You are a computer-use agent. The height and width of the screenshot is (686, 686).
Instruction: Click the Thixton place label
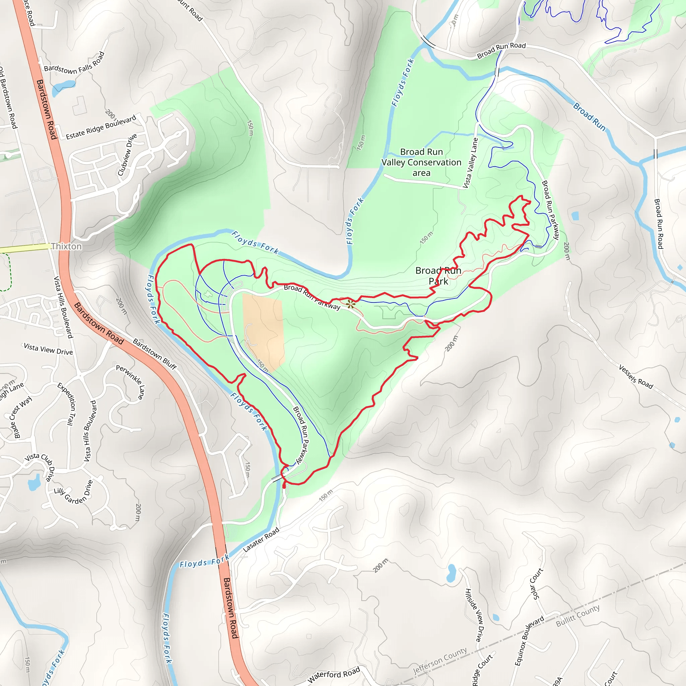66,247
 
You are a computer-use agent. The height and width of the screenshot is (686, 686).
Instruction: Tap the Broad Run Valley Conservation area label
421,162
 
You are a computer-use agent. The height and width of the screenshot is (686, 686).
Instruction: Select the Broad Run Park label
438,276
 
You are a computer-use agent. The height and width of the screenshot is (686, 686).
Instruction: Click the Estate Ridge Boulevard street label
101,127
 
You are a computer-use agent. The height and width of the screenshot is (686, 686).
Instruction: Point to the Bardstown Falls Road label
75,64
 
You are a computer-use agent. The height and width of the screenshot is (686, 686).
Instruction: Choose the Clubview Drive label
127,155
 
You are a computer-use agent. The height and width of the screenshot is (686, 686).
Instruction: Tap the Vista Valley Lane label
471,163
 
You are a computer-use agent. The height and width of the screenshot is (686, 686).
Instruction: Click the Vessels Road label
635,377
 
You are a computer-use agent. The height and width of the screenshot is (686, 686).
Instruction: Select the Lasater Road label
261,540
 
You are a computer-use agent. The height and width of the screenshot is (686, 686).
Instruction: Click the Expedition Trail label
67,404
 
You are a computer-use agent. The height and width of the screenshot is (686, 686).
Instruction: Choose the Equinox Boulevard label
529,641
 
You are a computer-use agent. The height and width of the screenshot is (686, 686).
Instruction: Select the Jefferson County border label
440,661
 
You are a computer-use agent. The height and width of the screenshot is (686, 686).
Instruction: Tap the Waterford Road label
334,674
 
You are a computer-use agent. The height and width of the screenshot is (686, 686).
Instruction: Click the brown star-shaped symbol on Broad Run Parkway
350,304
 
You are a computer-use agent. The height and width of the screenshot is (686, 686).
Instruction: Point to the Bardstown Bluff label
155,354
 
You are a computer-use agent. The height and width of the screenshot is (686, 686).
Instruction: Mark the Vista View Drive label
48,349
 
